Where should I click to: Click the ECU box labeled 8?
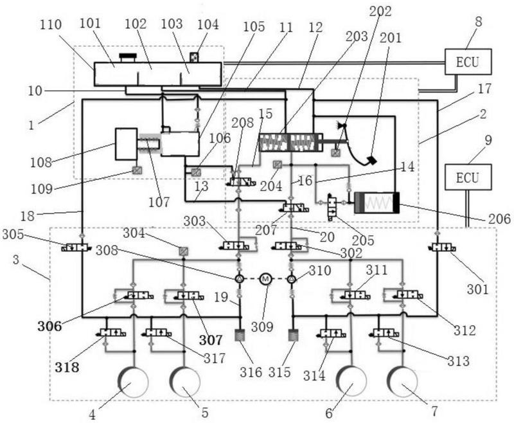(x=468, y=62)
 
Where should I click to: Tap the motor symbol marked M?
(x=265, y=279)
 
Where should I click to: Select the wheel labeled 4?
(x=134, y=382)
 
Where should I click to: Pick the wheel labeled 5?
(x=185, y=382)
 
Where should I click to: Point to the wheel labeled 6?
(x=351, y=382)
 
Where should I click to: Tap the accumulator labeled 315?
(x=294, y=335)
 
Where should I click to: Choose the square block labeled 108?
(x=126, y=144)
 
